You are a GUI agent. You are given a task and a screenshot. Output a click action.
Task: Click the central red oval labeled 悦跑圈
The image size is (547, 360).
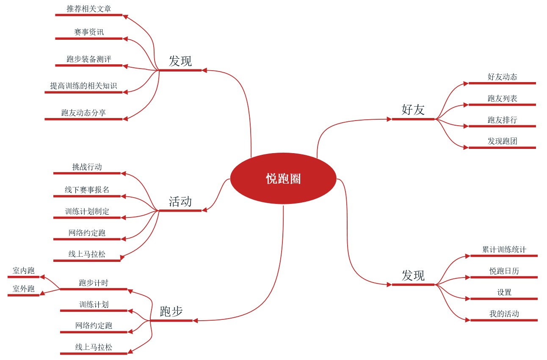pos(283,179)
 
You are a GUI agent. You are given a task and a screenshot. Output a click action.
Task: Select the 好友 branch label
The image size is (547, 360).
pos(413,110)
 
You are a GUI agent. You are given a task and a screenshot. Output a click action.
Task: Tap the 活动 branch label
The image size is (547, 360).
pos(180,202)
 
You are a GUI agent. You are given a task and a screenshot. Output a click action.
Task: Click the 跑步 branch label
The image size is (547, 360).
pos(171,312)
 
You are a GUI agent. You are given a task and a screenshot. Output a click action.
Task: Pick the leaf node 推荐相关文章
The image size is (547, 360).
pos(89,9)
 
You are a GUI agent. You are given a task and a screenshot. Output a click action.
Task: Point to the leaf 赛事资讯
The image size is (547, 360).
pos(89,33)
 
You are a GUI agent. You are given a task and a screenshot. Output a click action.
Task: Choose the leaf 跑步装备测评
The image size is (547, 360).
pos(89,59)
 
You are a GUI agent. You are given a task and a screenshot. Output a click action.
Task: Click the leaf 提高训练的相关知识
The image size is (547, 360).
pos(83,86)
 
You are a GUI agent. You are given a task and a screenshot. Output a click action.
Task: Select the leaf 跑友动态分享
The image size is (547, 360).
pos(83,113)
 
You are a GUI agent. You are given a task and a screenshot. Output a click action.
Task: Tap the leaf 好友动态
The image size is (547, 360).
pos(502,77)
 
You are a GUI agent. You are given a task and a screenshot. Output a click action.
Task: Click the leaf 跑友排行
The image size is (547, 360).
pos(502,120)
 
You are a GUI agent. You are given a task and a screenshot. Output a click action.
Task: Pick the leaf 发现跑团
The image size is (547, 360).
pos(502,141)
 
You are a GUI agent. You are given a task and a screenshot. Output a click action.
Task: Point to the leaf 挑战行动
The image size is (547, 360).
pos(87,167)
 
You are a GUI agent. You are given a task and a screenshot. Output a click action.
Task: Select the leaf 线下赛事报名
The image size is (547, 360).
pos(87,190)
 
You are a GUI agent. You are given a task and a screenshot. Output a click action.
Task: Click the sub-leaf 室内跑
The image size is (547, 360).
pos(23,271)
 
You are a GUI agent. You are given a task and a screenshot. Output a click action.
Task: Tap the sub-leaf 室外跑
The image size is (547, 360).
pos(23,289)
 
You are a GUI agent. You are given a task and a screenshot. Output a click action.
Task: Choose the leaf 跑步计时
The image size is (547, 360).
pos(94,283)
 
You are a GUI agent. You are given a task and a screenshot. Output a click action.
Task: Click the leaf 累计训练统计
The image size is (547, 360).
pos(504,250)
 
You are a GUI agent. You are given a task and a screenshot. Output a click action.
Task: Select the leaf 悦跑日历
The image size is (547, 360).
pos(504,271)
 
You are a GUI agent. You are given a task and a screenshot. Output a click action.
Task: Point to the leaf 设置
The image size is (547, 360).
pos(504,292)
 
